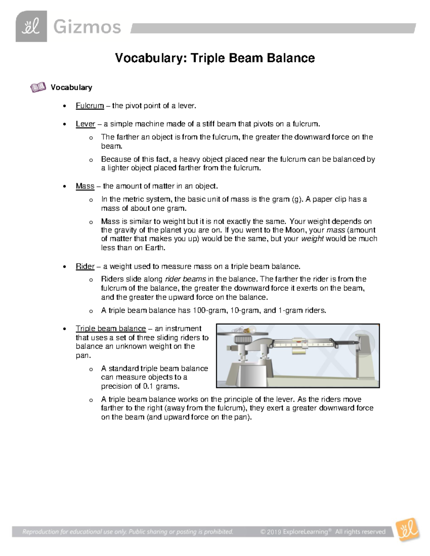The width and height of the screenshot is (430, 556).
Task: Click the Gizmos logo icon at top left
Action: tap(31, 26)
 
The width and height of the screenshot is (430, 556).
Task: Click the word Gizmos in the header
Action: tap(87, 27)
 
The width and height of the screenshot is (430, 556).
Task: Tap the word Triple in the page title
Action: tap(207, 58)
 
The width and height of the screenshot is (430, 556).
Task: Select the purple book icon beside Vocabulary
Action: tap(38, 87)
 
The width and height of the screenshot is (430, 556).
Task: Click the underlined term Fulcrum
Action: tap(90, 106)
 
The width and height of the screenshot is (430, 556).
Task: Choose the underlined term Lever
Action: tap(85, 124)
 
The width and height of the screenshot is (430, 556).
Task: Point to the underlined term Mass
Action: tap(85, 186)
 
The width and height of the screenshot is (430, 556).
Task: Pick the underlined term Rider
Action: tap(85, 266)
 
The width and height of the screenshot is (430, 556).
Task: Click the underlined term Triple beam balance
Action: tap(111, 329)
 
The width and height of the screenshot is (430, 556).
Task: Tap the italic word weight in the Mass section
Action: tap(312, 239)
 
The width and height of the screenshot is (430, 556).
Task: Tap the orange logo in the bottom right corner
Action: tap(408, 529)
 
